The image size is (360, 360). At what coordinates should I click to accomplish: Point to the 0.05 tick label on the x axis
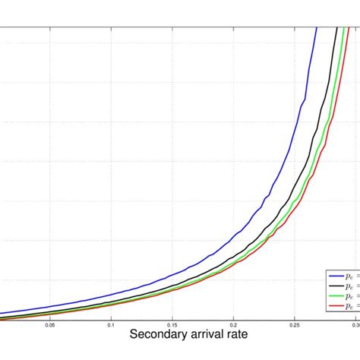pos(50,324)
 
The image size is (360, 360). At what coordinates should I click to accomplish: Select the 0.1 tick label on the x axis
pos(111,324)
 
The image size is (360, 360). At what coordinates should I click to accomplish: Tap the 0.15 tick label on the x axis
pos(172,324)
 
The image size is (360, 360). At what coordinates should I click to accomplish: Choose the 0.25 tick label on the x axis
pos(294,324)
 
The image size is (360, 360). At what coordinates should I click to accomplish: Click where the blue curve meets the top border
pos(314,27)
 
